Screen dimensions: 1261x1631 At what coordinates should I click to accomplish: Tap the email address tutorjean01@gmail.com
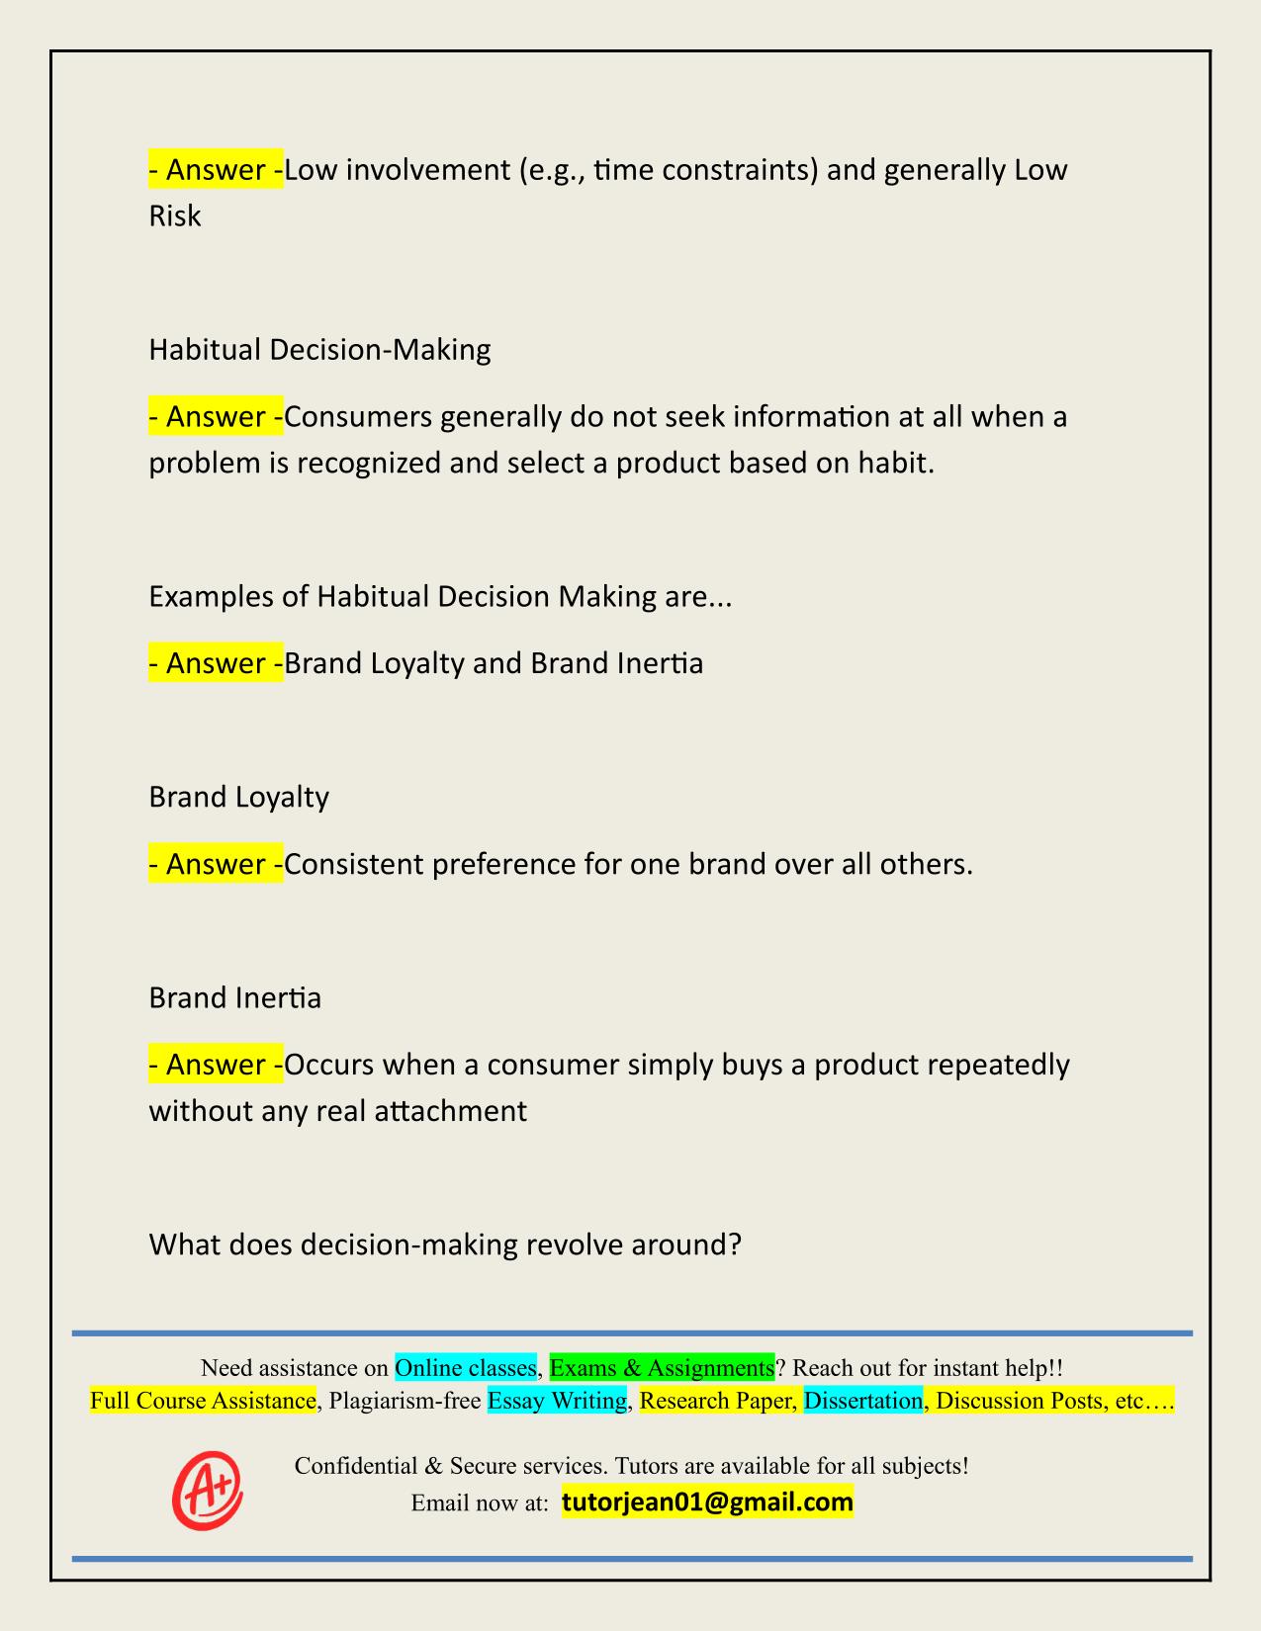pos(707,1502)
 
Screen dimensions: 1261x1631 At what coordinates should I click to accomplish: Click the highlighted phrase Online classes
pos(466,1367)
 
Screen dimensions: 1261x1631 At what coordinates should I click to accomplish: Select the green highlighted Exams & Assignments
pos(662,1367)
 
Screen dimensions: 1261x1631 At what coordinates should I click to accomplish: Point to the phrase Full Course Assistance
pos(203,1400)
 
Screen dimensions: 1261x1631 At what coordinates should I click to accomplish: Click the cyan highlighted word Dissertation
pos(862,1400)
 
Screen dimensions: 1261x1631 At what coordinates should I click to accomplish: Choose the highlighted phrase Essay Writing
pos(558,1400)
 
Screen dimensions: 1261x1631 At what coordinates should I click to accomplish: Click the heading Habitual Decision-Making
pos(319,350)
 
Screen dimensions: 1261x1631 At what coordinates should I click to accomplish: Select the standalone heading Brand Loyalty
pos(238,797)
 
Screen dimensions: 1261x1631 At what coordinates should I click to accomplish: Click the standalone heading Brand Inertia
pos(235,998)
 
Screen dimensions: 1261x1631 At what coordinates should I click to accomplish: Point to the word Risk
pos(175,215)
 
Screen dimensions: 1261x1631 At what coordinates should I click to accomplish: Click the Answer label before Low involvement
pos(216,170)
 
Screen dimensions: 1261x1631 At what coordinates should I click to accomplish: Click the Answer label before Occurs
pos(216,1065)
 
